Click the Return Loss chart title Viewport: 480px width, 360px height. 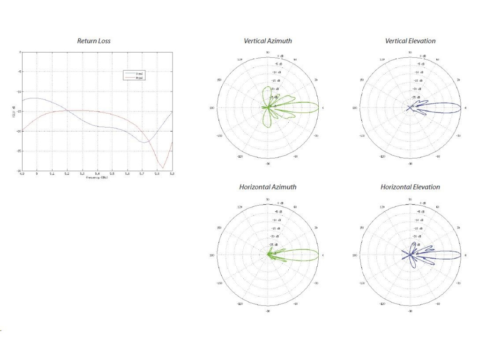pyautogui.click(x=94, y=41)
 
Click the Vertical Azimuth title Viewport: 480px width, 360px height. pyautogui.click(x=268, y=41)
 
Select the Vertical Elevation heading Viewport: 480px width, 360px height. pyautogui.click(x=410, y=41)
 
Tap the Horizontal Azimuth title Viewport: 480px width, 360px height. pyautogui.click(x=268, y=187)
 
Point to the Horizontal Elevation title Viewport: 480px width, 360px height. pyautogui.click(x=410, y=187)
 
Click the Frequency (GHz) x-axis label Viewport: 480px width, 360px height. pyautogui.click(x=97, y=178)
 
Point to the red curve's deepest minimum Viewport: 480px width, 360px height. pyautogui.click(x=163, y=168)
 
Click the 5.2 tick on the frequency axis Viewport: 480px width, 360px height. pyautogui.click(x=67, y=173)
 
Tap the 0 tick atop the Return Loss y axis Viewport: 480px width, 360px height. pyautogui.click(x=20, y=52)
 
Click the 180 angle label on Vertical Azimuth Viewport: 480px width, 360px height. pyautogui.click(x=212, y=108)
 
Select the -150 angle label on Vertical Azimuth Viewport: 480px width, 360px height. pyautogui.click(x=219, y=136)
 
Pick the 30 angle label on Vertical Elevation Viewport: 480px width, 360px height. pyautogui.click(x=458, y=80)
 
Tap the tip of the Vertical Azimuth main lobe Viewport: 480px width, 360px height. pyautogui.click(x=319, y=108)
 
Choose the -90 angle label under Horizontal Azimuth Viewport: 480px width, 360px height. pyautogui.click(x=268, y=311)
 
